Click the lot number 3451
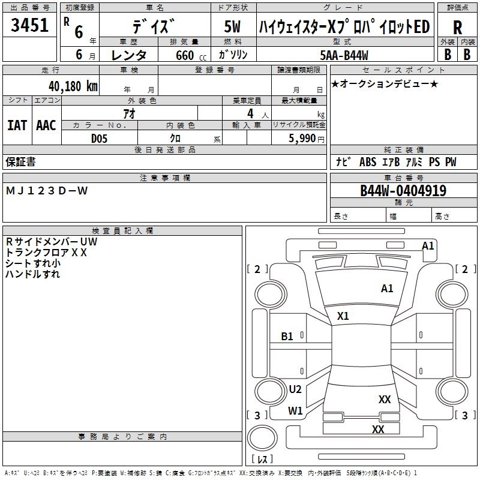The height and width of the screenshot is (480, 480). pyautogui.click(x=29, y=26)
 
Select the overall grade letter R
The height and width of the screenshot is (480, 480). pyautogui.click(x=457, y=28)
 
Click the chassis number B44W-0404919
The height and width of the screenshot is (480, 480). pyautogui.click(x=403, y=191)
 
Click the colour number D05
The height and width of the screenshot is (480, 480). pyautogui.click(x=100, y=138)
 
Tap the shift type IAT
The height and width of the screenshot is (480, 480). pyautogui.click(x=17, y=125)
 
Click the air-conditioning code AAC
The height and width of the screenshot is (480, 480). pyautogui.click(x=46, y=125)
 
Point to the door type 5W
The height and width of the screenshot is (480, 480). pyautogui.click(x=233, y=28)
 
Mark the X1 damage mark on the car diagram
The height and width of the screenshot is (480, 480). pyautogui.click(x=343, y=316)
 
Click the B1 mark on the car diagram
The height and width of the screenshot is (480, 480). pyautogui.click(x=287, y=337)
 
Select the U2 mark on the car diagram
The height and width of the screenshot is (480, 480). pyautogui.click(x=295, y=389)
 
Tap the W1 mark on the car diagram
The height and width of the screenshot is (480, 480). pyautogui.click(x=295, y=411)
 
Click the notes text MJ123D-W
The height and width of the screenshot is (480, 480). pyautogui.click(x=47, y=191)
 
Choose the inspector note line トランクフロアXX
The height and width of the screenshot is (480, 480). pyautogui.click(x=47, y=253)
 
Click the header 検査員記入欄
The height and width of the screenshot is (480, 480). pyautogui.click(x=122, y=231)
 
